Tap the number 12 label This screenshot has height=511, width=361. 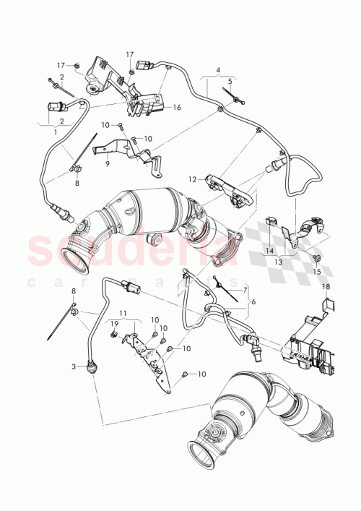(193, 179)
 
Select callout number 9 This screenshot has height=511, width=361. (106, 163)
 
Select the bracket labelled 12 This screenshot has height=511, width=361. (230, 186)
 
